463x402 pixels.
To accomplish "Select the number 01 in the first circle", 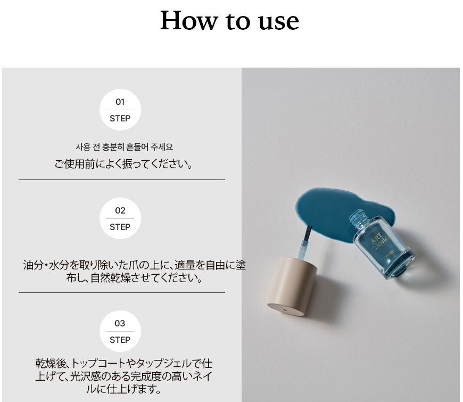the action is (120, 102).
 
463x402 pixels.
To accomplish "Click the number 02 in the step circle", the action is (120, 211).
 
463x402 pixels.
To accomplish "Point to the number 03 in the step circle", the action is (120, 323).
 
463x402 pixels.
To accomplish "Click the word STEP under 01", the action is (120, 118).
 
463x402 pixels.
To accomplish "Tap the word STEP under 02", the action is (120, 227).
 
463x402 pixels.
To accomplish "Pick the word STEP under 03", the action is (120, 340).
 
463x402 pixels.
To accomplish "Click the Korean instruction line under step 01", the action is (125, 147).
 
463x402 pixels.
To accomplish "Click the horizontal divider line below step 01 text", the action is (122, 179).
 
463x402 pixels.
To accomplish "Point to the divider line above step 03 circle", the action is (122, 292).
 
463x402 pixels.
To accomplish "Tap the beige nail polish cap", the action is (291, 286).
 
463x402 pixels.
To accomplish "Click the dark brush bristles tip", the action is (308, 233).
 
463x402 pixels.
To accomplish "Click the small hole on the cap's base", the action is (284, 310).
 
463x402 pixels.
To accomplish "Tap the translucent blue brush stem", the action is (303, 250).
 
